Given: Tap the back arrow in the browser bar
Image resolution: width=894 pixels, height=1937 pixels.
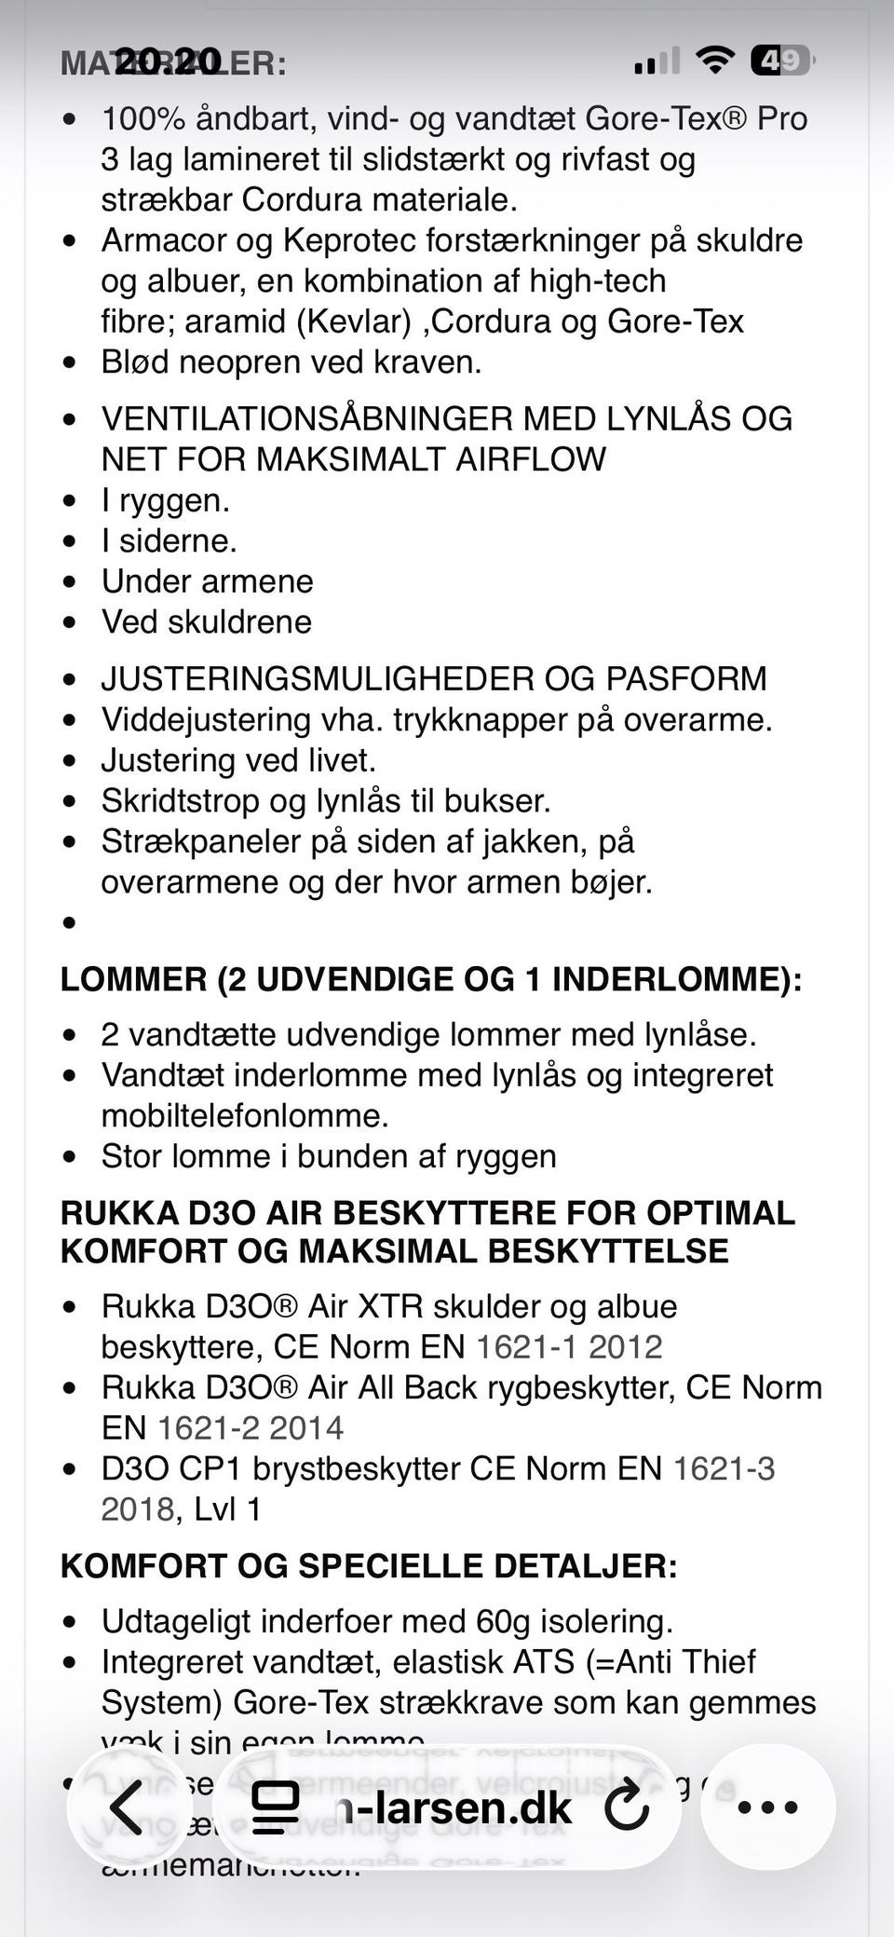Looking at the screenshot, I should click(x=126, y=1807).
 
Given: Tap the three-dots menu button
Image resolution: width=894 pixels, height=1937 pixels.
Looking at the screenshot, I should click(x=767, y=1807).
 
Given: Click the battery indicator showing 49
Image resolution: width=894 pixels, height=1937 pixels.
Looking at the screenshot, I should click(x=780, y=61).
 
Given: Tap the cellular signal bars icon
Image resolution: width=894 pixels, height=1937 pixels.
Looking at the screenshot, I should click(x=657, y=61).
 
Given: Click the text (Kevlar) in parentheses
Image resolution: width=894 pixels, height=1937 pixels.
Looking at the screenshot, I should click(x=354, y=321).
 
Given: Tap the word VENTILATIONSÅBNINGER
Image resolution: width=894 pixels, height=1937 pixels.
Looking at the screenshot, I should click(x=306, y=419).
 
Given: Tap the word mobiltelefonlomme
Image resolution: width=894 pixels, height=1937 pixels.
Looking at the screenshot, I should click(x=244, y=1116).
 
